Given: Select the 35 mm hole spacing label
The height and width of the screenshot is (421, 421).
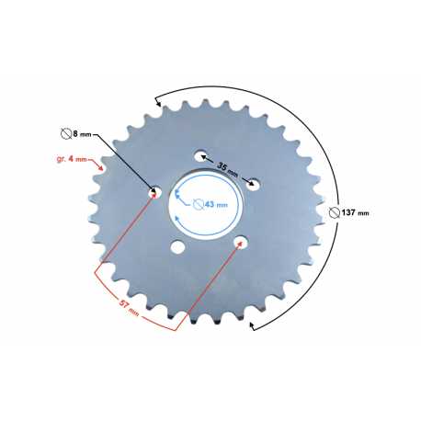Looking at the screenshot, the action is tap(227, 169).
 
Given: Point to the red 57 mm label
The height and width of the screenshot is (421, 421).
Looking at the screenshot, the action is tap(129, 308).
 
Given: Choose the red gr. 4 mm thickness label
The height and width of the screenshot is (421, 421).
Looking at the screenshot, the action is tap(72, 159).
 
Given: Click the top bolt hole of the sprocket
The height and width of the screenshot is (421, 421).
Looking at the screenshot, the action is tap(200, 155).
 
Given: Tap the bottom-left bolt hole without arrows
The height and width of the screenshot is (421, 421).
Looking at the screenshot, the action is tap(177, 247).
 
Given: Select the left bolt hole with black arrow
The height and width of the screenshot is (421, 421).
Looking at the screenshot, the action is tap(155, 192).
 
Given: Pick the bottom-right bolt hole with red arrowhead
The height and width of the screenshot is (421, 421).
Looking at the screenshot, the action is tap(241, 243).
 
